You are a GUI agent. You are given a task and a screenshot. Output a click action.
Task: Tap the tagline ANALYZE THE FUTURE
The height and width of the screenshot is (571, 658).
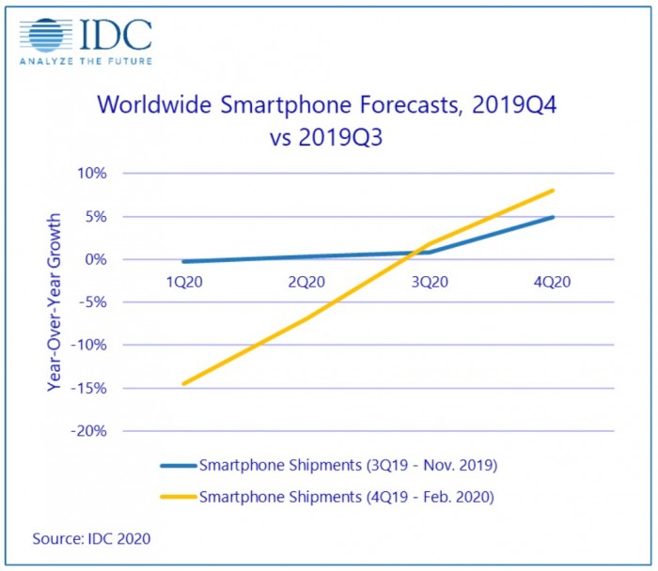click(86, 62)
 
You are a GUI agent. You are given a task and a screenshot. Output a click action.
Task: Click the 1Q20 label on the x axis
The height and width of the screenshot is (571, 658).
click(184, 281)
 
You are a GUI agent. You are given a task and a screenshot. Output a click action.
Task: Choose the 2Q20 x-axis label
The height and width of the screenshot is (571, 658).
click(306, 281)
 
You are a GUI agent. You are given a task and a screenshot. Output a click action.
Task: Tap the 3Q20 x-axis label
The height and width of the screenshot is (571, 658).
click(430, 281)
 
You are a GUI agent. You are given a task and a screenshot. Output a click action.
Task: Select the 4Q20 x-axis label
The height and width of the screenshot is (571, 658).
click(553, 281)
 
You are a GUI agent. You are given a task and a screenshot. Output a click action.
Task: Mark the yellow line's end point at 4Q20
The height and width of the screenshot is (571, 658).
click(553, 191)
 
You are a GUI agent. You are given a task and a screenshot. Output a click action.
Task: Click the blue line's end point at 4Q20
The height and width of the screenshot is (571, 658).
click(553, 217)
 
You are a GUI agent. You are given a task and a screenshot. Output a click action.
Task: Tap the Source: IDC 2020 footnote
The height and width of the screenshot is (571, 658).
click(90, 538)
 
